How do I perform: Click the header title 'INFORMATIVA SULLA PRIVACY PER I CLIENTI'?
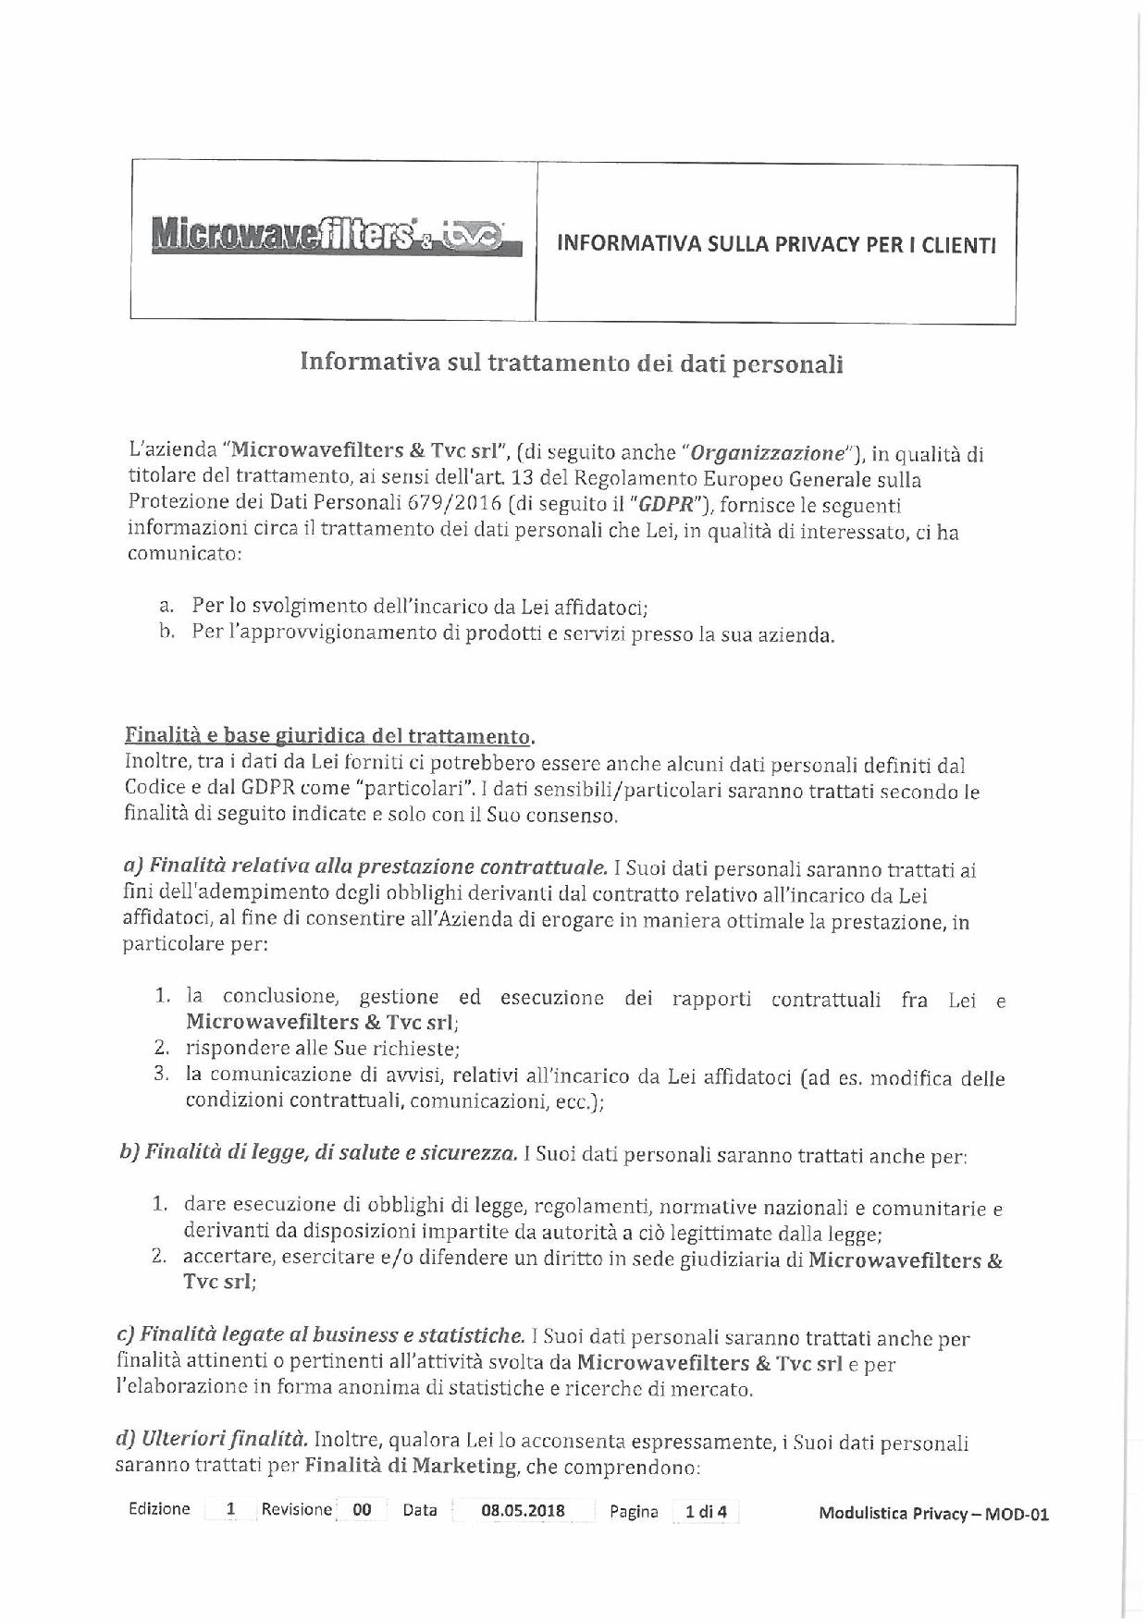point(776,245)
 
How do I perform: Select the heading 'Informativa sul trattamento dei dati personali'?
point(571,362)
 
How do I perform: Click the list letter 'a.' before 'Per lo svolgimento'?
point(166,607)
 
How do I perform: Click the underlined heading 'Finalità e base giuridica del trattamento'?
point(328,737)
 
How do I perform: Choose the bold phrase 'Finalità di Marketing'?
point(410,1466)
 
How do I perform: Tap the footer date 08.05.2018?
point(524,1511)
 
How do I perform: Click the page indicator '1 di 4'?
point(705,1512)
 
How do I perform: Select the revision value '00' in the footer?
point(362,1510)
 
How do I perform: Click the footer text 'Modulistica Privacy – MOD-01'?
point(933,1515)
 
